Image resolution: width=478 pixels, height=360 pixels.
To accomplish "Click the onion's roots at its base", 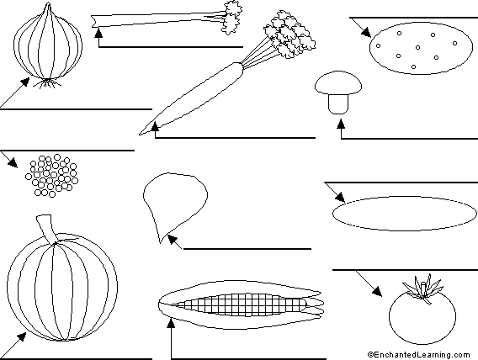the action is pos(48,82).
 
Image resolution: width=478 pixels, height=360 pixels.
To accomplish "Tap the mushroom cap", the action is pos(338,82).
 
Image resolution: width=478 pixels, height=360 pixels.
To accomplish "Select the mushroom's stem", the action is pos(338,104).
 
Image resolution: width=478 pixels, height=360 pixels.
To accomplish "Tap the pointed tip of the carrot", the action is pos(141,134).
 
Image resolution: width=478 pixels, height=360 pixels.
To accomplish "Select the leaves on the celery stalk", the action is pos(232,18).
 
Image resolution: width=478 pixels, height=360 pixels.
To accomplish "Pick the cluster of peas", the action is pos(52,176).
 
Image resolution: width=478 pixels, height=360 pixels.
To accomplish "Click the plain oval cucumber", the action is pos(405,213).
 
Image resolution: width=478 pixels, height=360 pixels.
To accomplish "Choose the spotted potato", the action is pos(421,48).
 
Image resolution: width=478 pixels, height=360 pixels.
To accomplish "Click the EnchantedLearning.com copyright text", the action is pos(419,355).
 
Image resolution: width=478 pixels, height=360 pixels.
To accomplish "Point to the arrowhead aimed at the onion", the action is pos(25,82).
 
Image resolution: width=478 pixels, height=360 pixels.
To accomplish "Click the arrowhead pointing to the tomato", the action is pos(377,292).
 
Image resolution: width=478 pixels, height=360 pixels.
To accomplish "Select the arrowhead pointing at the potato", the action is pos(366,32).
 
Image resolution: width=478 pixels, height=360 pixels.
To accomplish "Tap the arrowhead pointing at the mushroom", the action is pos(341,123).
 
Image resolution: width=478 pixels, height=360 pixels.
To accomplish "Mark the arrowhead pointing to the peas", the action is pos(13,163).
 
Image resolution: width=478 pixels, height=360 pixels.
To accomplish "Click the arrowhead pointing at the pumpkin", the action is pos(21,336).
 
